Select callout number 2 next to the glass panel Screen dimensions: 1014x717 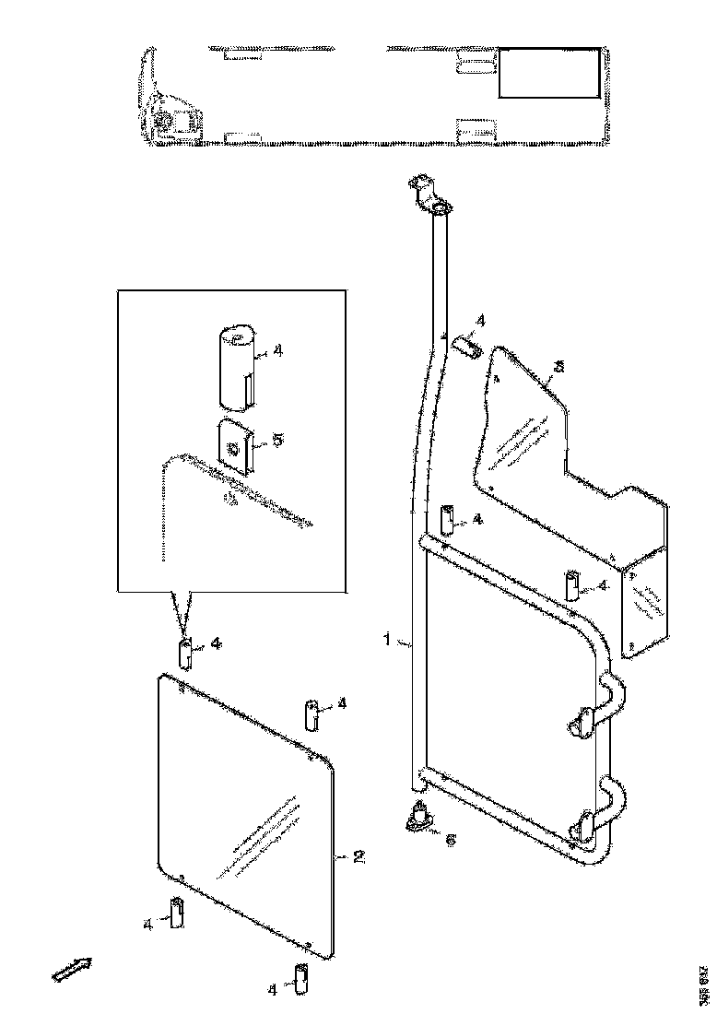click(x=360, y=856)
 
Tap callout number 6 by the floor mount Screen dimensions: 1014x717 click(x=449, y=840)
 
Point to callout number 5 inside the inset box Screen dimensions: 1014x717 click(x=277, y=441)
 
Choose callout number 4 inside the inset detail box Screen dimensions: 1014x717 click(x=277, y=351)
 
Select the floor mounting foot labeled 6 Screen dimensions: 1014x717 click(x=421, y=818)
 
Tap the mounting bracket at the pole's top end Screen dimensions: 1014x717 click(x=429, y=196)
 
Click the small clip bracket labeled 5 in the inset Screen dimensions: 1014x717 click(x=234, y=445)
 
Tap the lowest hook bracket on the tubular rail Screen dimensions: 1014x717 click(x=584, y=825)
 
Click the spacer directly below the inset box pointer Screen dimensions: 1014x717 click(x=186, y=653)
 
